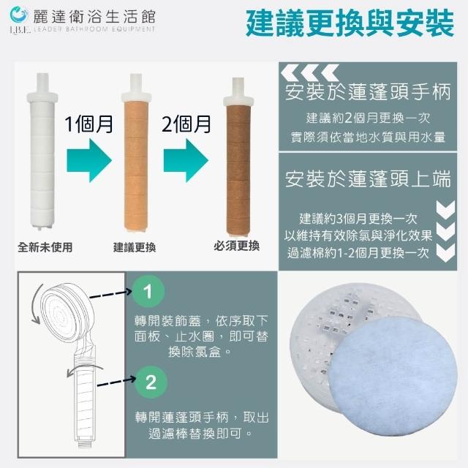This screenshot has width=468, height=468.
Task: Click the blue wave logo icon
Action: pyautogui.click(x=18, y=15)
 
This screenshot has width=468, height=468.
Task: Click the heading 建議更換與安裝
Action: pyautogui.click(x=350, y=23)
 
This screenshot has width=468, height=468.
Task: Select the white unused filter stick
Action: pyautogui.click(x=42, y=151)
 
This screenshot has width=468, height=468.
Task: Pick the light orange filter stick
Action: pyautogui.click(x=136, y=153)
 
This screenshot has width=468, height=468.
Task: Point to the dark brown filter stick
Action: pyautogui.click(x=238, y=157)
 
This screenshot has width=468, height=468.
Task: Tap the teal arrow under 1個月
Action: pyautogui.click(x=89, y=160)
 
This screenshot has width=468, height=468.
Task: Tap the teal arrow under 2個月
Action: pyautogui.click(x=186, y=160)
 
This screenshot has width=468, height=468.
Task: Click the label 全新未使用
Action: pyautogui.click(x=45, y=247)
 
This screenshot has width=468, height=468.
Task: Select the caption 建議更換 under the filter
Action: pyautogui.click(x=135, y=247)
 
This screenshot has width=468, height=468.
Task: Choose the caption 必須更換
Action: pyautogui.click(x=236, y=246)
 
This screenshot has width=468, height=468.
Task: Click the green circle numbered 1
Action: pyautogui.click(x=148, y=291)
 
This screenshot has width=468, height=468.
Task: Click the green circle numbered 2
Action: pyautogui.click(x=151, y=382)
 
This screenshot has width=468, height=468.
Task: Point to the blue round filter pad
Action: pyautogui.click(x=393, y=376)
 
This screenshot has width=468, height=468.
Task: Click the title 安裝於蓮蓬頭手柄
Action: pyautogui.click(x=368, y=91)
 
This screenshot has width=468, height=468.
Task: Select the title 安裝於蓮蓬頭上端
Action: pyautogui.click(x=368, y=179)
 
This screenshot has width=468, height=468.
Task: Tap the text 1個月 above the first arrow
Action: pyautogui.click(x=89, y=124)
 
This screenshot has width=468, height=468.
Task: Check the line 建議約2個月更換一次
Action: pyautogui.click(x=368, y=118)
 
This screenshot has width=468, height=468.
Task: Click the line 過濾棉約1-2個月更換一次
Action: pyautogui.click(x=358, y=253)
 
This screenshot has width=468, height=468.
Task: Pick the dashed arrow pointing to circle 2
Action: pyautogui.click(x=116, y=382)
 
